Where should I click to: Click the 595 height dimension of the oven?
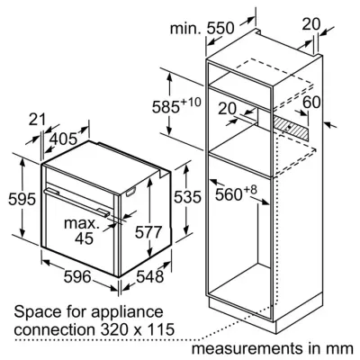tap(22, 199)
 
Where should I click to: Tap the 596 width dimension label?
tap(77, 276)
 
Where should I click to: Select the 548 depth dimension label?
tap(150, 276)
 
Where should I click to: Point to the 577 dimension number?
tap(148, 231)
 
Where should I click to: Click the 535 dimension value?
tap(187, 197)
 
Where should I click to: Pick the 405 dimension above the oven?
tap(63, 139)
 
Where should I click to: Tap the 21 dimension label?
tap(37, 120)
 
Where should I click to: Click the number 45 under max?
tap(84, 238)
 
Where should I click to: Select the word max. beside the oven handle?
tap(81, 223)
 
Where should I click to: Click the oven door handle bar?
tap(76, 202)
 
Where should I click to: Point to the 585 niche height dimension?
tap(166, 107)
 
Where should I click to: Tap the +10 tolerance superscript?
tap(191, 102)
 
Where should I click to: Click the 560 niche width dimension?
tap(229, 194)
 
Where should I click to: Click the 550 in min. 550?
tap(220, 28)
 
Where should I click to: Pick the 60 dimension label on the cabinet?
tap(311, 102)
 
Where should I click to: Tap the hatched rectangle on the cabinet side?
tap(291, 129)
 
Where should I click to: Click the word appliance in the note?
tap(127, 312)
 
